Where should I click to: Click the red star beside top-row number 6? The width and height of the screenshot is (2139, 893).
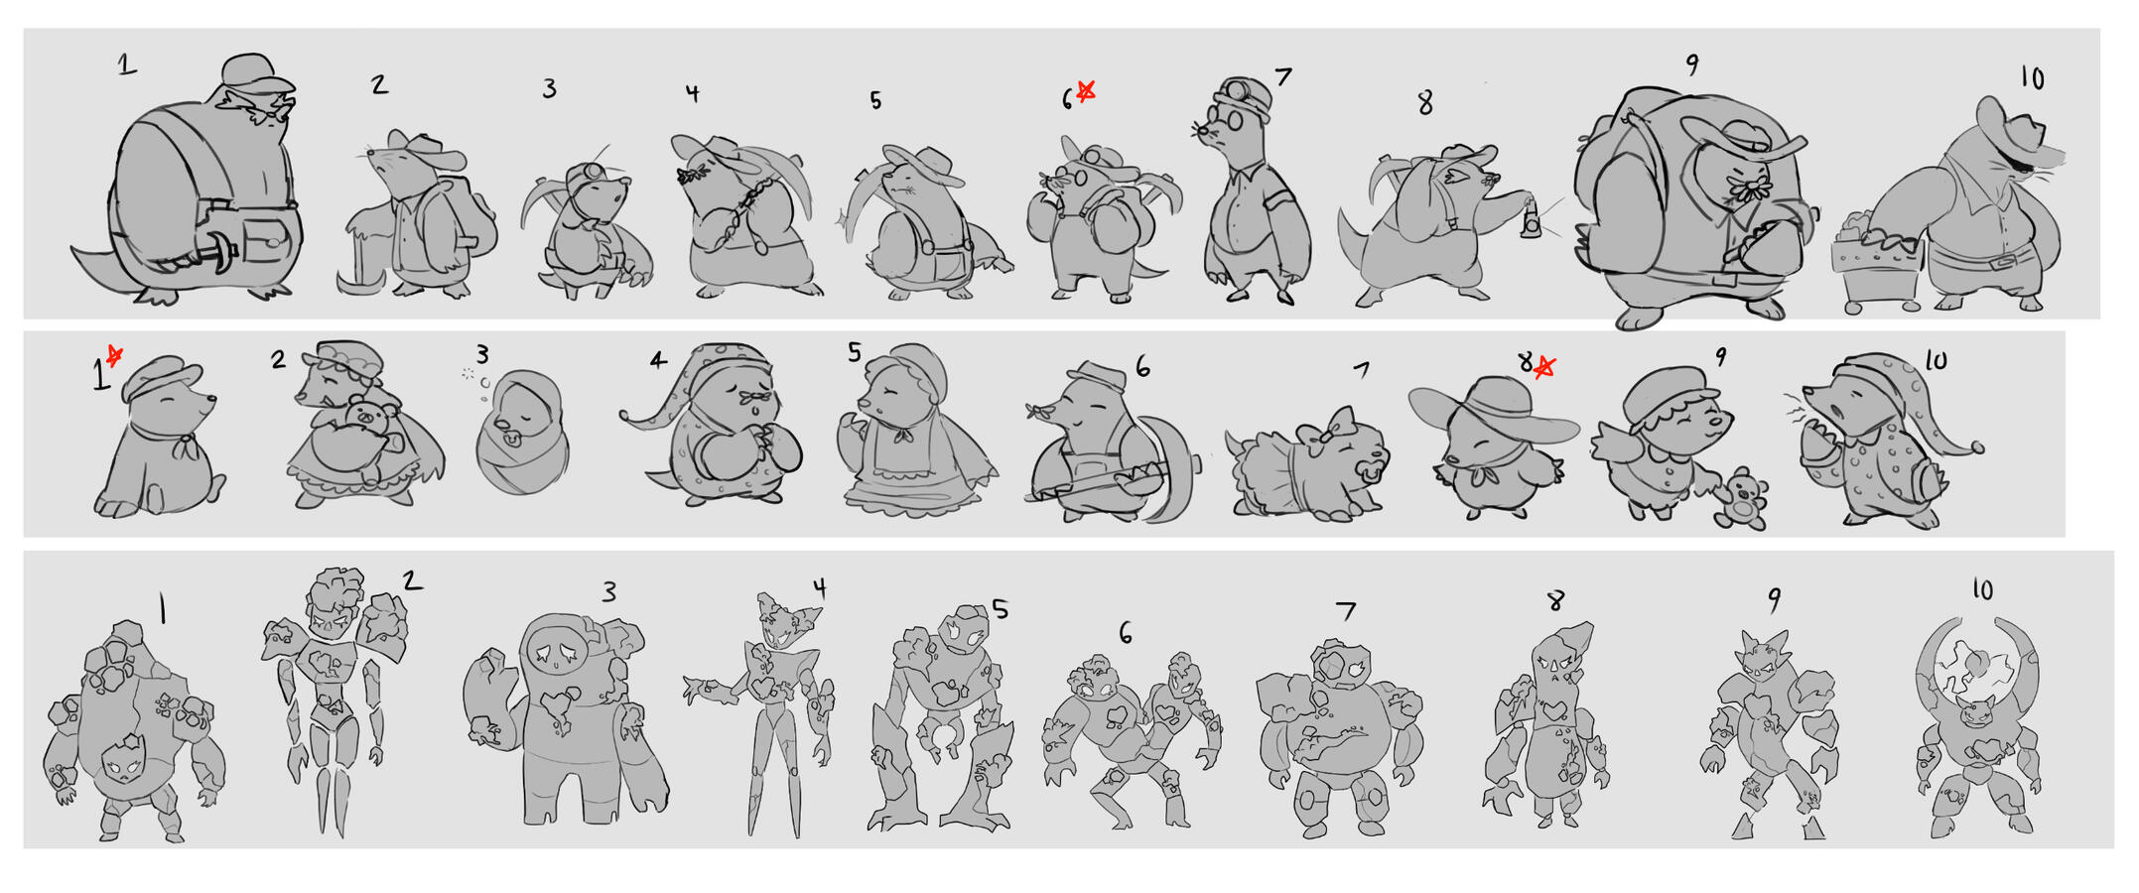coord(1086,91)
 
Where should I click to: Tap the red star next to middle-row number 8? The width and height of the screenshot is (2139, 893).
coord(1543,368)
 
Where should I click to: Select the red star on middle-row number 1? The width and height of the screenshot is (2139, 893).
coord(115,355)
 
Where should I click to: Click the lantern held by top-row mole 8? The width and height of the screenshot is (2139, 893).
coord(1532,220)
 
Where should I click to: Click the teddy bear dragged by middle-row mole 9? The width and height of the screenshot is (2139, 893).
coord(1742,498)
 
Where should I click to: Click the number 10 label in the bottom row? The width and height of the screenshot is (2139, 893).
coord(1982,589)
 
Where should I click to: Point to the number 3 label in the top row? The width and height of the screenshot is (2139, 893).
coord(549,88)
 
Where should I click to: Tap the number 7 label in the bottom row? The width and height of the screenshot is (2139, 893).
coord(1346,610)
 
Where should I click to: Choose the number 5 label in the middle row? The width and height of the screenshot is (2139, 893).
coord(855,352)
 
